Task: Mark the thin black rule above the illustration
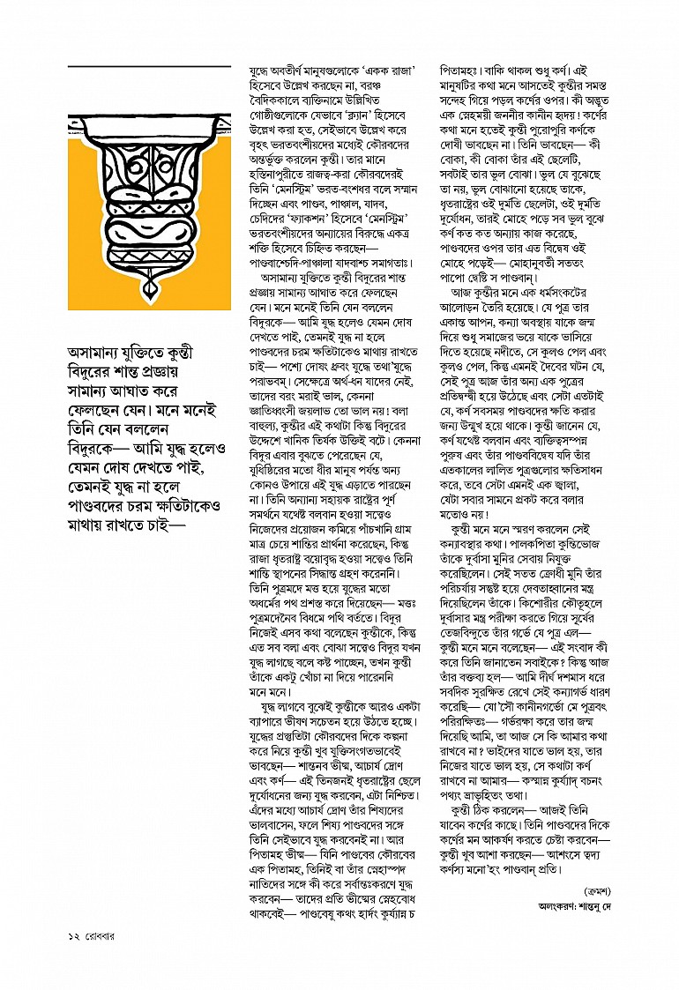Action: click(149, 66)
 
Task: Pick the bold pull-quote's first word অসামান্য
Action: click(100, 353)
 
